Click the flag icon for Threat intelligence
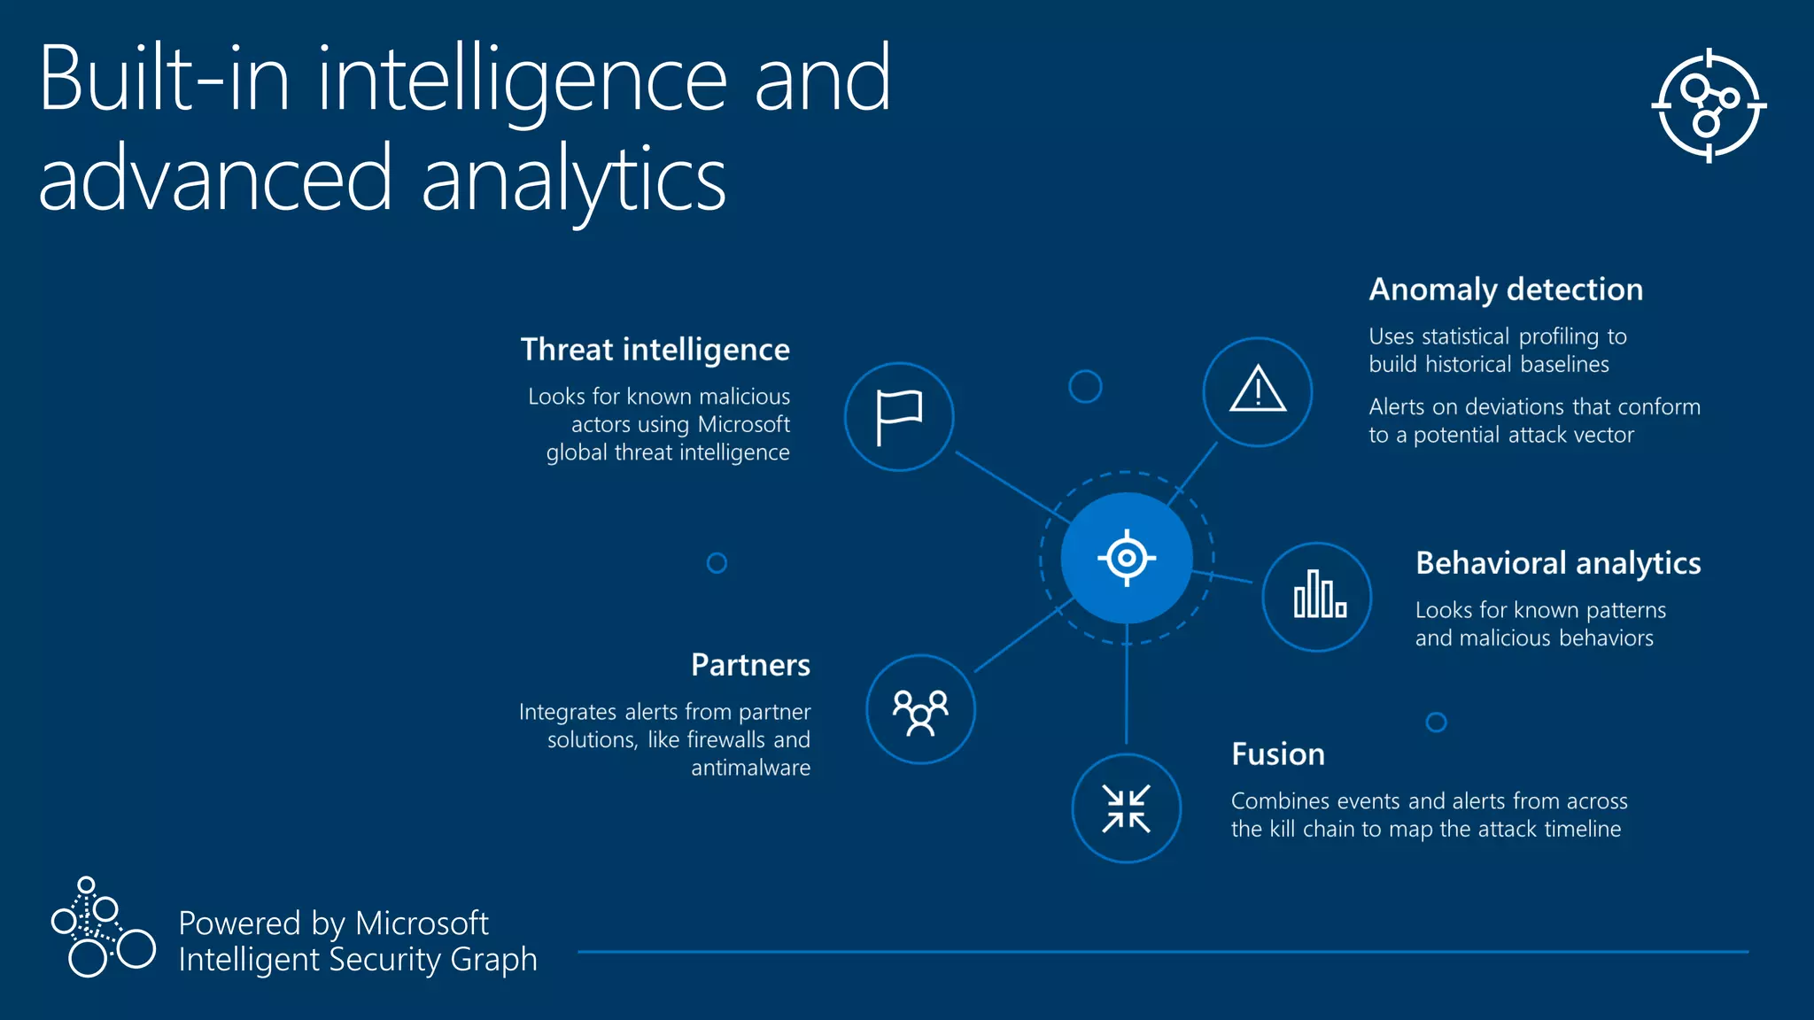[899, 417]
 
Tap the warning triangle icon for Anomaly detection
[1258, 390]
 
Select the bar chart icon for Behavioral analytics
[1318, 596]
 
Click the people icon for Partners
[920, 710]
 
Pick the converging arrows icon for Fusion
[1126, 808]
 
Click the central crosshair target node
[1127, 559]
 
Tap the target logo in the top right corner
[1709, 105]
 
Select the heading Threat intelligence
[655, 350]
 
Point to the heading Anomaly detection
[1506, 290]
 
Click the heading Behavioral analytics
[1558, 563]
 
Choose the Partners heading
[750, 665]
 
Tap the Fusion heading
[1277, 754]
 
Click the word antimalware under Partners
[750, 768]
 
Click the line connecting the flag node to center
[1010, 486]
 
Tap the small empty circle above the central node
[1085, 387]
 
